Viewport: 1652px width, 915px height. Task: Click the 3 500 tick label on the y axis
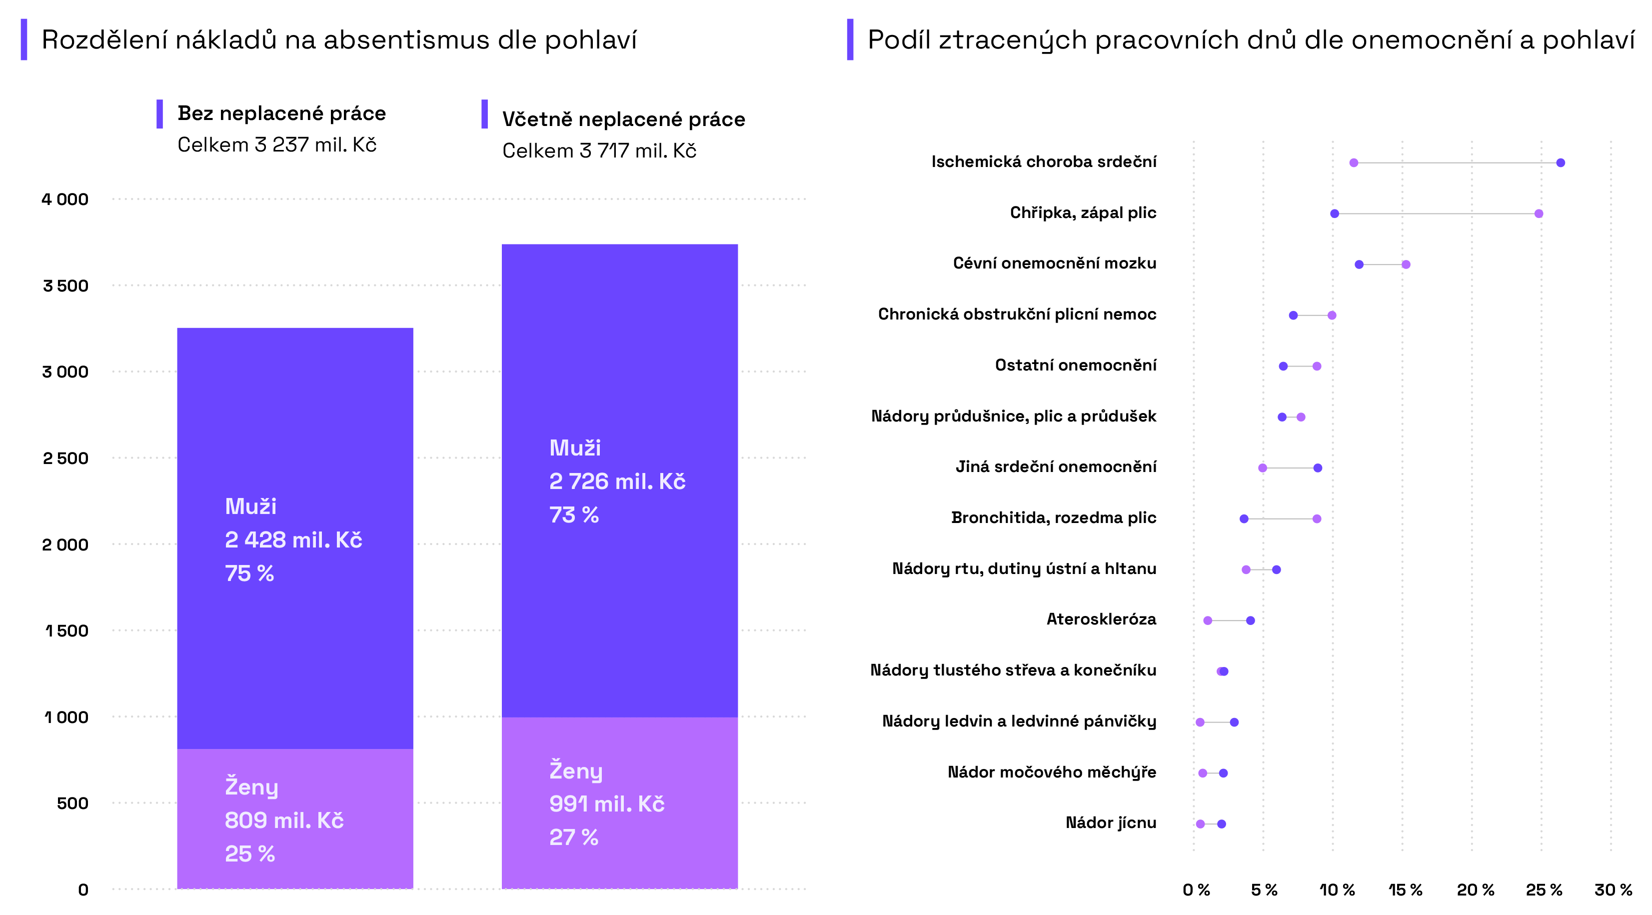(65, 285)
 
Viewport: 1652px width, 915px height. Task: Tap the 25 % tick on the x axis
(1544, 890)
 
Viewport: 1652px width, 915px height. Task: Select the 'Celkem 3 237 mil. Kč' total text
(276, 145)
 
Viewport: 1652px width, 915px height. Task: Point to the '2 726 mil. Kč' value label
(617, 481)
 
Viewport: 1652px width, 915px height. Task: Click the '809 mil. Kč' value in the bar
(284, 820)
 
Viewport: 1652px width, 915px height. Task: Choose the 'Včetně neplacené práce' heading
(623, 119)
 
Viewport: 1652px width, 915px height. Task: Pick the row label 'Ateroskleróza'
(1101, 619)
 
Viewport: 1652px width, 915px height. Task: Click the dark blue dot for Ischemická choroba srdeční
(1561, 163)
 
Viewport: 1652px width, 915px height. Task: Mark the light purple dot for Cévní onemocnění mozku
(1406, 264)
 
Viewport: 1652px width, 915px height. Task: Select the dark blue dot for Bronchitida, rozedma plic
(1244, 518)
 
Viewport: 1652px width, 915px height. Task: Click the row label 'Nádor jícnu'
(1111, 822)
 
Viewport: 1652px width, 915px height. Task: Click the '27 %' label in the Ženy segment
(573, 837)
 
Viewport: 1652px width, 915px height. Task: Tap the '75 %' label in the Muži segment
(249, 573)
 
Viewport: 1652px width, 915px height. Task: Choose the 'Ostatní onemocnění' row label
(1076, 365)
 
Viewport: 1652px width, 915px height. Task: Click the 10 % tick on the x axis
(1337, 890)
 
